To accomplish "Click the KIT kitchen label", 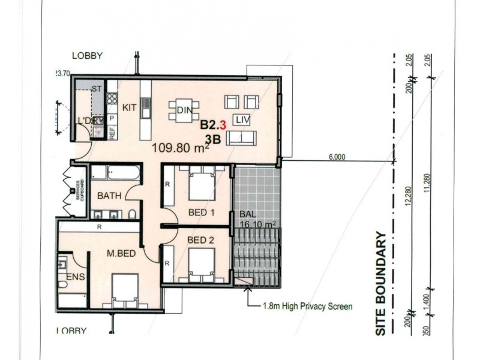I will (x=130, y=108).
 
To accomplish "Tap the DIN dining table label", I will (x=184, y=110).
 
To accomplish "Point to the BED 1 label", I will (x=201, y=213).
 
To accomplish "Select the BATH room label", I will (x=110, y=196).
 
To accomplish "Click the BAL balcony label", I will (x=248, y=214).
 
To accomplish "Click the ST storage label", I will (x=95, y=89).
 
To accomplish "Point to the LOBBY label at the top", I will (x=88, y=56).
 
